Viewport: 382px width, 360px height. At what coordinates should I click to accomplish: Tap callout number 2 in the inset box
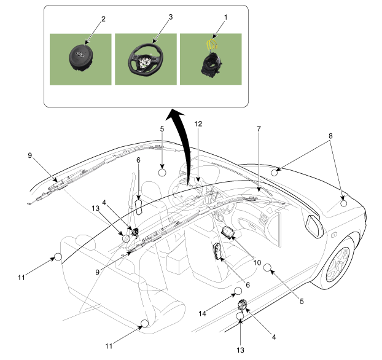pyautogui.click(x=103, y=19)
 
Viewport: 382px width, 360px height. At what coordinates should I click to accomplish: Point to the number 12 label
pyautogui.click(x=198, y=123)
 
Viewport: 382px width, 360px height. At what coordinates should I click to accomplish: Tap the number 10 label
pyautogui.click(x=257, y=262)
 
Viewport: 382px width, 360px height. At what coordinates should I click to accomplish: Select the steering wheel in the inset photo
pyautogui.click(x=145, y=60)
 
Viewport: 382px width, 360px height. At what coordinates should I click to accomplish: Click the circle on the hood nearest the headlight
pyautogui.click(x=344, y=203)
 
